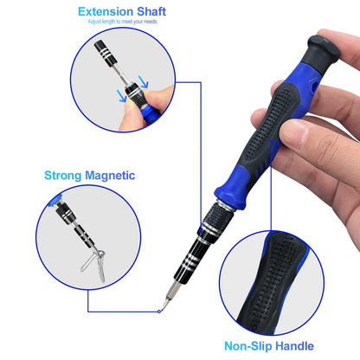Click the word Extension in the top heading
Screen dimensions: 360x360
(x=106, y=12)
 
